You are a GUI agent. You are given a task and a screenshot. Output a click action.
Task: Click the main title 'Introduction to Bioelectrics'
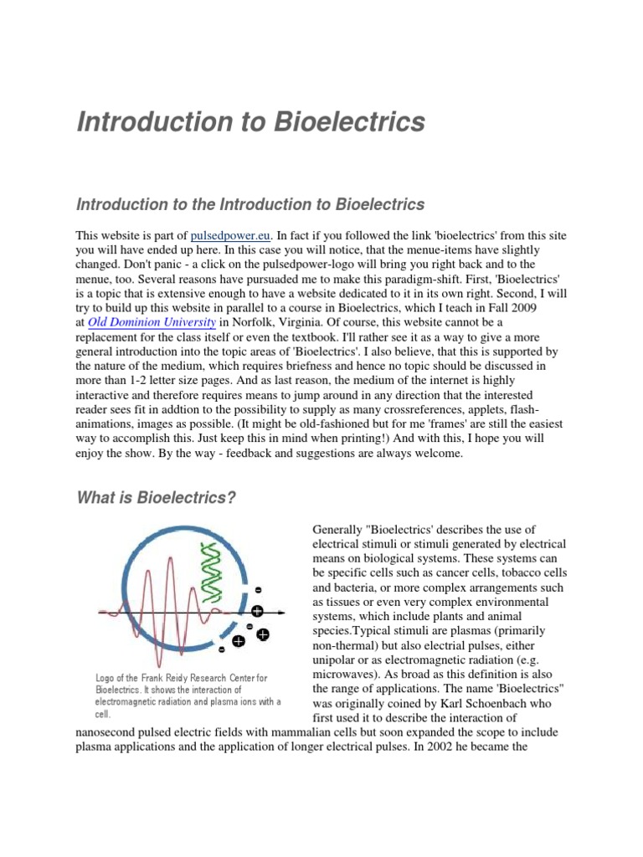point(250,122)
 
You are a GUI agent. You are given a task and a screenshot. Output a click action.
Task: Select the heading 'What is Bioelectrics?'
point(157,499)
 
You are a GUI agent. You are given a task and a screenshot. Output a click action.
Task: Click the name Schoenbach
point(513,704)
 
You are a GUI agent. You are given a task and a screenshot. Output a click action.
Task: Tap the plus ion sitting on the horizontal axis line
point(257,610)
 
